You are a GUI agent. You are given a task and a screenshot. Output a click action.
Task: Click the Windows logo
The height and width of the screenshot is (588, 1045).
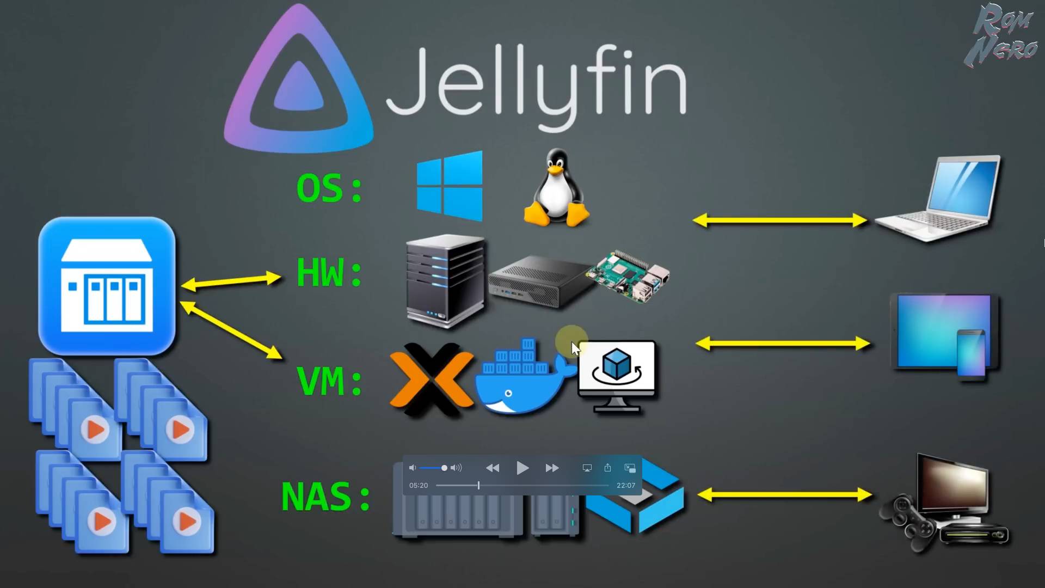tap(450, 186)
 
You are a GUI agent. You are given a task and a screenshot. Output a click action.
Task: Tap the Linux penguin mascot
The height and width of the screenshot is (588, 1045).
tap(556, 188)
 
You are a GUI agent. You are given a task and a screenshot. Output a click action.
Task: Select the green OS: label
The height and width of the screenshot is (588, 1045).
tap(329, 188)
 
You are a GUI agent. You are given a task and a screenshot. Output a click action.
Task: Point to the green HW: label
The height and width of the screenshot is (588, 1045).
tap(329, 272)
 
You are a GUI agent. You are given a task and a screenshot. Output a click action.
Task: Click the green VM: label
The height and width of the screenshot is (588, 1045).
tap(329, 381)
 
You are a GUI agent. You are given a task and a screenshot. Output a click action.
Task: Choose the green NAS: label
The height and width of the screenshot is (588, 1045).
tap(325, 497)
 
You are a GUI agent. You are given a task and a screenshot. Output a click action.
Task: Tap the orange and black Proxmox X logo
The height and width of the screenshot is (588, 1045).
tap(431, 380)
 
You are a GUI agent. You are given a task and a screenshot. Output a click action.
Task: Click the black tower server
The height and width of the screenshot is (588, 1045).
tap(445, 280)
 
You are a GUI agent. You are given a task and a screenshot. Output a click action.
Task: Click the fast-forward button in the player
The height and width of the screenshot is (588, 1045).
tap(552, 468)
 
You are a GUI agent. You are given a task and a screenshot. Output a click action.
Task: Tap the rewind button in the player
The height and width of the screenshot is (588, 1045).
tap(493, 468)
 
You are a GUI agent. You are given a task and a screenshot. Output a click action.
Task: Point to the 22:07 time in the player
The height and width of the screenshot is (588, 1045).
tap(625, 486)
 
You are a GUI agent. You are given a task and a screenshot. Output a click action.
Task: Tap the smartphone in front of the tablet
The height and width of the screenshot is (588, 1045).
tap(971, 353)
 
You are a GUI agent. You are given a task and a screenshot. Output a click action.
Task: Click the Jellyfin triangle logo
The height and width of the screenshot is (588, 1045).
tap(298, 82)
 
